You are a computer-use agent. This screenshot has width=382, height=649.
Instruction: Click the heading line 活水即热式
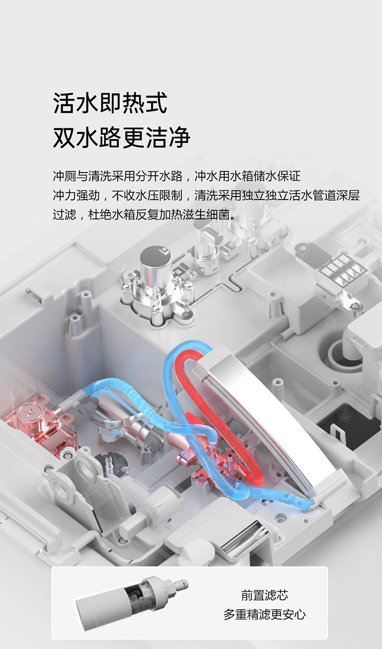click(x=110, y=102)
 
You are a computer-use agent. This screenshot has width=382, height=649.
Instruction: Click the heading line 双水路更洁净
click(x=121, y=137)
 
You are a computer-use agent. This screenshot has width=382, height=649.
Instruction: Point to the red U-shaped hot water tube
click(x=220, y=417)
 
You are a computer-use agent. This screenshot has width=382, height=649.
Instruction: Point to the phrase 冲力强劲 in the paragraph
click(x=76, y=195)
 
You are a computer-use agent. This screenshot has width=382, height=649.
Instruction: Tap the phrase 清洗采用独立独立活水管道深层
click(x=277, y=195)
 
